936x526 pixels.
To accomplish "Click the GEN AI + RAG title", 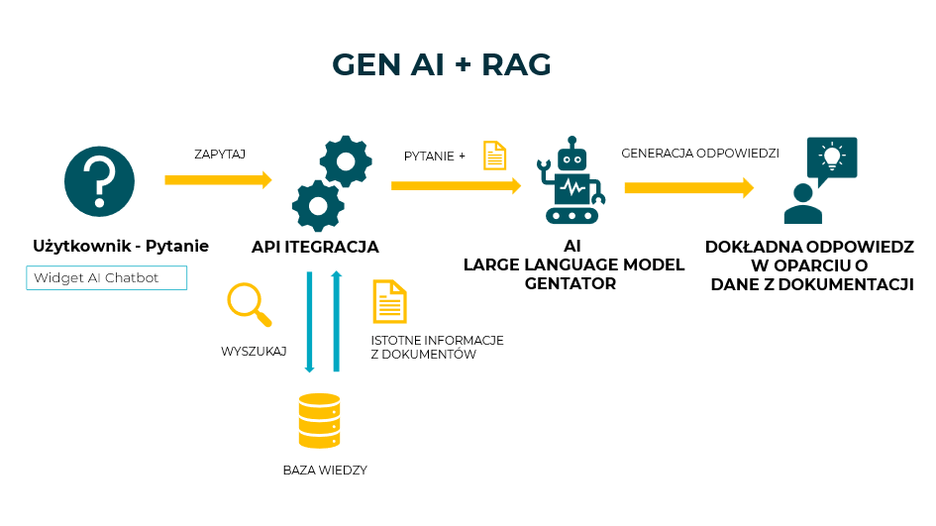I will point(442,64).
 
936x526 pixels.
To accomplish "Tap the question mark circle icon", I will point(99,179).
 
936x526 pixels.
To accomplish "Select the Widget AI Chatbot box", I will point(106,277).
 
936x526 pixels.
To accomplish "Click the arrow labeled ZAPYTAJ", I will point(218,179).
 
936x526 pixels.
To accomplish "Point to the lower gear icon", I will point(318,205).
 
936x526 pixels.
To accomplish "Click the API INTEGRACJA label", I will point(315,247).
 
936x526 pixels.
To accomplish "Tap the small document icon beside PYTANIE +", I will point(494,156).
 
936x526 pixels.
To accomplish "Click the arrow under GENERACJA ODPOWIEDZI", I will point(688,187).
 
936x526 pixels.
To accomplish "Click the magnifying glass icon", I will point(249,303).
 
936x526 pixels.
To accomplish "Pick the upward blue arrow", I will point(337,322).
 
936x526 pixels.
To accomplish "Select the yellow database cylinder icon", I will point(319,421).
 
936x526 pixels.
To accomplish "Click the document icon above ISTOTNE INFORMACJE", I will point(389,301).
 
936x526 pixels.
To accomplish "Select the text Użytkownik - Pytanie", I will point(121,247).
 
